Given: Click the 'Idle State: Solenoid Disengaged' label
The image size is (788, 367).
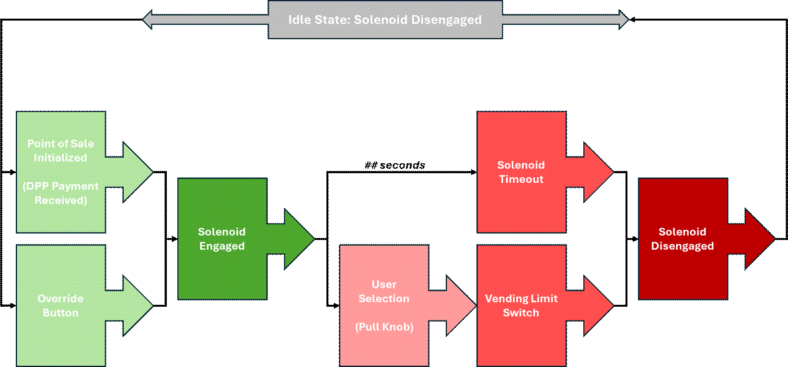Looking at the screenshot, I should pyautogui.click(x=385, y=20).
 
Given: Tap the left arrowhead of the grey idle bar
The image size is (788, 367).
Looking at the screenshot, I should pyautogui.click(x=148, y=20).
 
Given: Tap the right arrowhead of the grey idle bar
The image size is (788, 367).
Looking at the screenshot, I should pyautogui.click(x=623, y=20).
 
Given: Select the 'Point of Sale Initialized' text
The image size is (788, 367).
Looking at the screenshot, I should pyautogui.click(x=60, y=150).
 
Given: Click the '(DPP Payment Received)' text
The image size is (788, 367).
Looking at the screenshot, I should pyautogui.click(x=60, y=193).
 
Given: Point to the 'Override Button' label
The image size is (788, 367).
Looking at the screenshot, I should pyautogui.click(x=60, y=305).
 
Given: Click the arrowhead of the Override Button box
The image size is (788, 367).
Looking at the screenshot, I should pyautogui.click(x=137, y=305).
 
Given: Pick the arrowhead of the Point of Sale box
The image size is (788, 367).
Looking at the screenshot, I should pyautogui.click(x=137, y=172).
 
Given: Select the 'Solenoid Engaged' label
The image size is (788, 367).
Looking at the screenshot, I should pyautogui.click(x=222, y=239).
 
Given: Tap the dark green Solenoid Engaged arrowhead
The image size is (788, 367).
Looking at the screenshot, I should pyautogui.click(x=298, y=239).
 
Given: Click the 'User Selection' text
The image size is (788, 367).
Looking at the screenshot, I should pyautogui.click(x=384, y=291).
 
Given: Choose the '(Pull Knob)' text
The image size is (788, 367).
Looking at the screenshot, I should pyautogui.click(x=384, y=327).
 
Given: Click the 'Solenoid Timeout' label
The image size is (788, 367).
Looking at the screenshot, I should pyautogui.click(x=521, y=172).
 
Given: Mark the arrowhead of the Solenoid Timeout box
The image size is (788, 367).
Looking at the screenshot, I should pyautogui.click(x=597, y=172).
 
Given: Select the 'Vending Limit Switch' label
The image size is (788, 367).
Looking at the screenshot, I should pyautogui.click(x=521, y=305).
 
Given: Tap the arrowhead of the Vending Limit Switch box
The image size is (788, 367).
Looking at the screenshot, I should pyautogui.click(x=597, y=305).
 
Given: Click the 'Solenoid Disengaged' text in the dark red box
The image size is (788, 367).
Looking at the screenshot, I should pyautogui.click(x=683, y=239).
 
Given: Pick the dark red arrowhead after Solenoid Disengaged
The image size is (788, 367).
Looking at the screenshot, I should pyautogui.click(x=759, y=239).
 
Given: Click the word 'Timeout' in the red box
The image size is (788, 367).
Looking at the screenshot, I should pyautogui.click(x=521, y=179).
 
